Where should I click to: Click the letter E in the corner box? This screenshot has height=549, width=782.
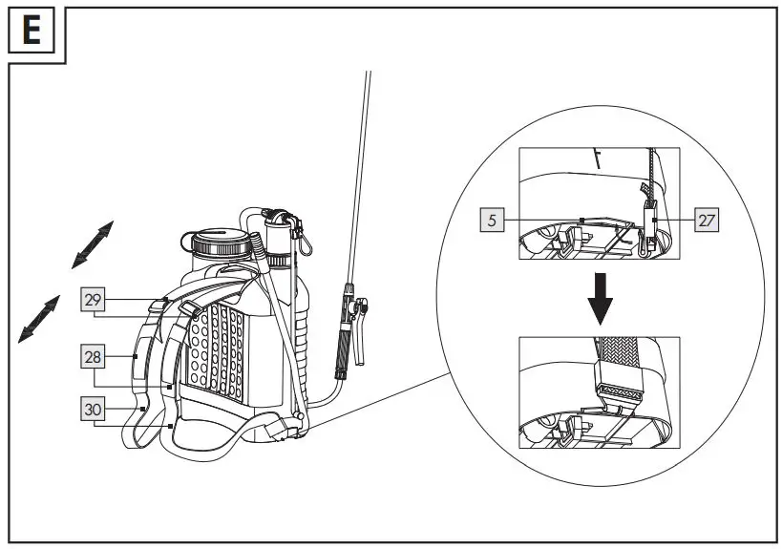tap(32, 32)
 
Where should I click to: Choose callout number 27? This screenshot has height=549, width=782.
tap(706, 220)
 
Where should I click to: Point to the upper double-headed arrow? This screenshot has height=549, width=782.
tap(93, 243)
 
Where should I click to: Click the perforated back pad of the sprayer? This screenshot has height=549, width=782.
tap(218, 344)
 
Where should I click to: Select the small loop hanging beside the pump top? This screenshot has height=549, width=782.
tap(304, 243)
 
